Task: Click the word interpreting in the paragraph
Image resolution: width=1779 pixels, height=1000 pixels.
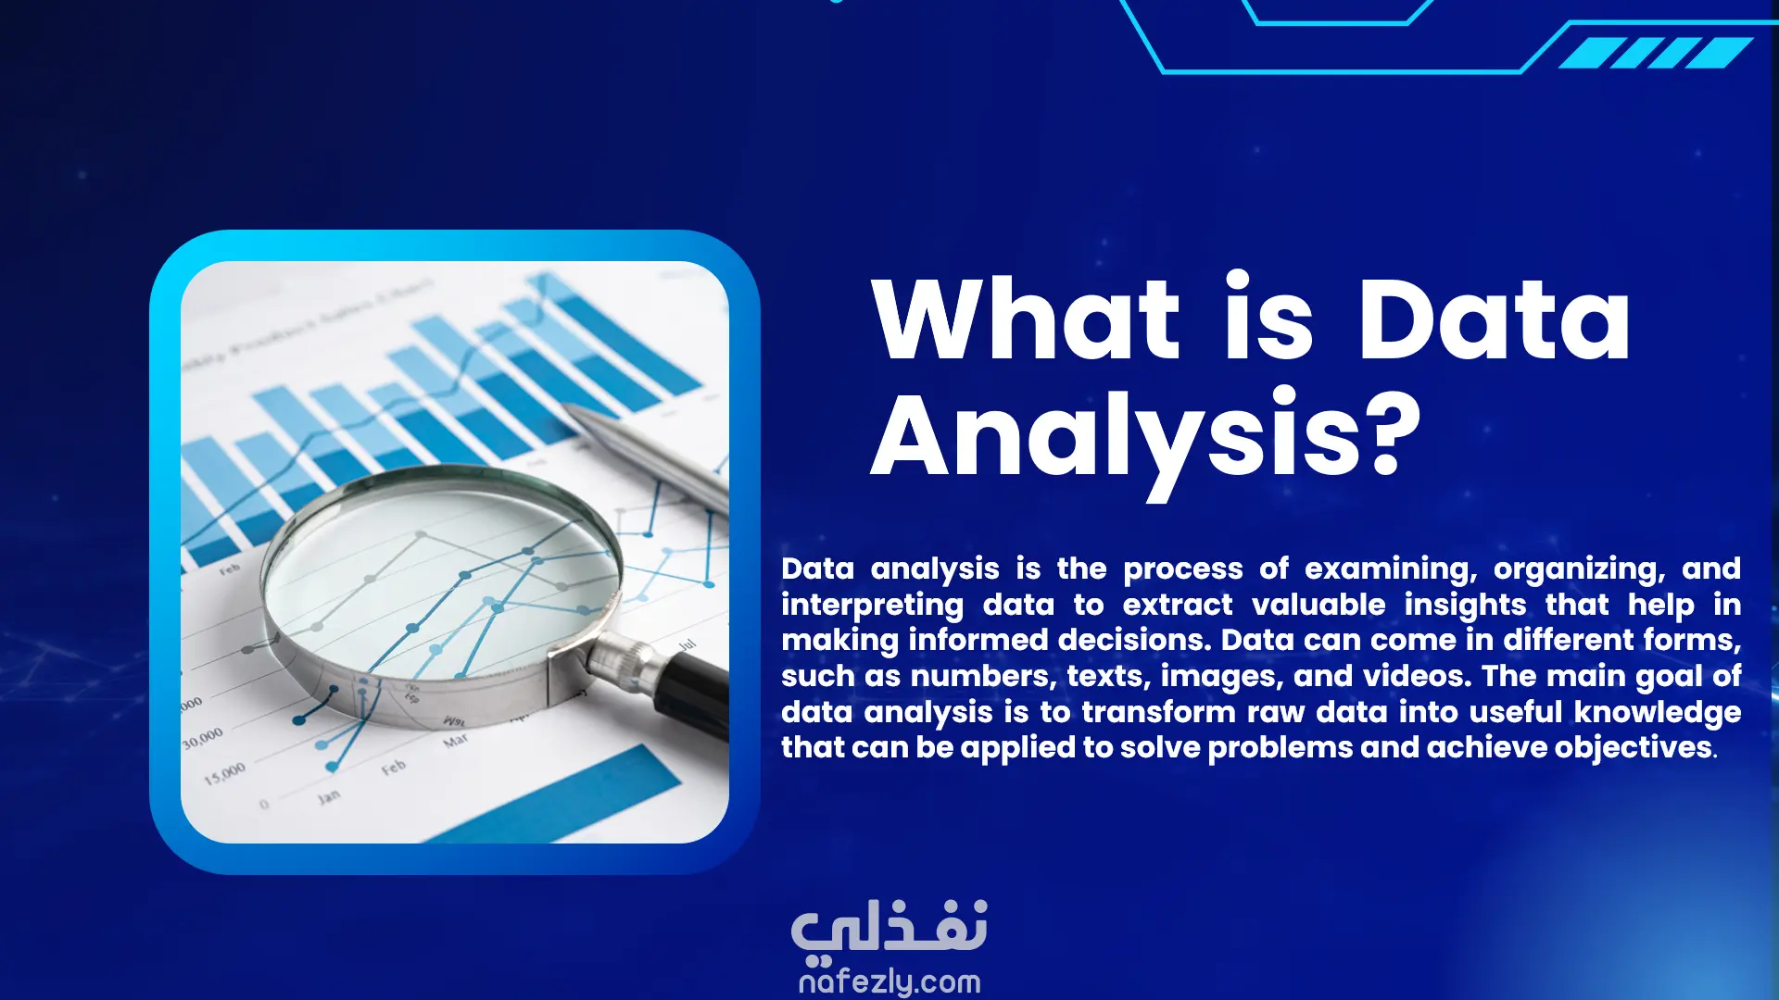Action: (x=873, y=606)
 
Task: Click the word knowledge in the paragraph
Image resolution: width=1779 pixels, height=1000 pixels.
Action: (x=1658, y=713)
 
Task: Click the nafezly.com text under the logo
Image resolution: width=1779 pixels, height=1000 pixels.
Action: (x=889, y=981)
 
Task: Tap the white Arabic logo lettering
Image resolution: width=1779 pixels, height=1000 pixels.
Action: (x=889, y=929)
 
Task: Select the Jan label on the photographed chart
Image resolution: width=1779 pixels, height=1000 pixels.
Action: (x=329, y=796)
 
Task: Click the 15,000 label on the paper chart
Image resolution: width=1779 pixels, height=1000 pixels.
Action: (x=225, y=773)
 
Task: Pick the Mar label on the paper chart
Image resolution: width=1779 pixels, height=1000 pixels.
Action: (x=456, y=741)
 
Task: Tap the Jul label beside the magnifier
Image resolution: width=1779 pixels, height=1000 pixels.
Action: (x=688, y=644)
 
